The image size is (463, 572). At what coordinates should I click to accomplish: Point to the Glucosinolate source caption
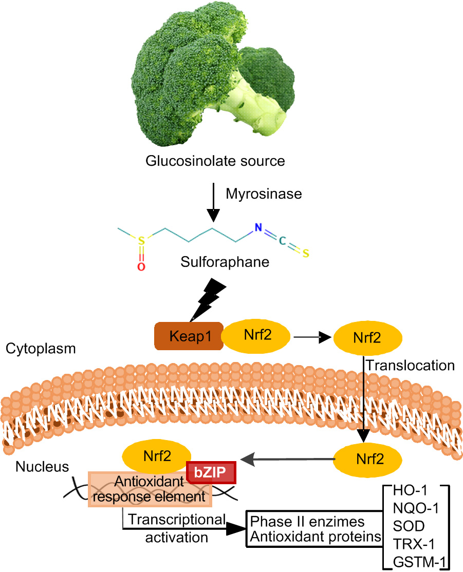(x=215, y=161)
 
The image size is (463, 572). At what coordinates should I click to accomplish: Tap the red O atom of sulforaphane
(x=141, y=266)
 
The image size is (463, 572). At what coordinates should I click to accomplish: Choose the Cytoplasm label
(x=41, y=349)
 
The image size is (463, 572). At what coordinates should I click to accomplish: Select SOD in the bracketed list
(x=406, y=527)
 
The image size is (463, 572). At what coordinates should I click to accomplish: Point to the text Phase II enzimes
(x=307, y=522)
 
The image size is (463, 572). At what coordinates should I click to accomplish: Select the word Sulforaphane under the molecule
(x=225, y=263)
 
